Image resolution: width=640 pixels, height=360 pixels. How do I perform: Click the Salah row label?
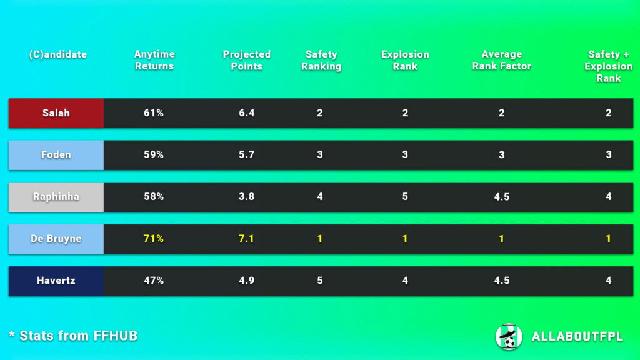[x=56, y=113]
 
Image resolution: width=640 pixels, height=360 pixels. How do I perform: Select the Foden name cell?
[x=56, y=155]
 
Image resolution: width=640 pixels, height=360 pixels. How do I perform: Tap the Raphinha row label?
[x=56, y=197]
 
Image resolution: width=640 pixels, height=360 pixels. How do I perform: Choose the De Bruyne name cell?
[x=56, y=239]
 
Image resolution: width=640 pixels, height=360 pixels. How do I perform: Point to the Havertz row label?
[x=56, y=281]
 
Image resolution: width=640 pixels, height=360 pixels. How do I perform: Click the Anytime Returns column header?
[x=154, y=60]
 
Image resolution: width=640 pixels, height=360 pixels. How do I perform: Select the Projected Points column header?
[x=247, y=60]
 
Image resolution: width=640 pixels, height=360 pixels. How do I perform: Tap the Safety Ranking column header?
[x=321, y=60]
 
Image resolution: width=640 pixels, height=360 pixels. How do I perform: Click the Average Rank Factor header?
[x=502, y=60]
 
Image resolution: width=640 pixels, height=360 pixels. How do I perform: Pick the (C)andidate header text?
[x=57, y=54]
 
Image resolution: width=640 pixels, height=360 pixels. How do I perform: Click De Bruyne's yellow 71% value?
[x=154, y=239]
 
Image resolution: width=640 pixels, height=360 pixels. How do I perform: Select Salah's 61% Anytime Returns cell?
[x=154, y=113]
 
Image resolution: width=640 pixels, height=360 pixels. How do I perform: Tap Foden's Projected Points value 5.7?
[x=247, y=155]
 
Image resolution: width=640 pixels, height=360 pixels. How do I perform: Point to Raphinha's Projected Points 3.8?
[x=247, y=197]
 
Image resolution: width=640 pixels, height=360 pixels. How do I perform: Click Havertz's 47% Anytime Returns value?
[x=154, y=281]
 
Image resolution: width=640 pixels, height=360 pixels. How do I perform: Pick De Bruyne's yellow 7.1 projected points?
[x=247, y=239]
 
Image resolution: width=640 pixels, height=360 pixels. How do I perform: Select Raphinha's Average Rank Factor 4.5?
[x=502, y=197]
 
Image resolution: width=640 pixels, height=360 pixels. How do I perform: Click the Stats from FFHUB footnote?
[x=73, y=336]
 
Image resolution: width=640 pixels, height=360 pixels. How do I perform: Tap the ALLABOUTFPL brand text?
[x=577, y=337]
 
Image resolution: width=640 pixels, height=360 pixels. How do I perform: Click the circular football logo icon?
[x=508, y=337]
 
